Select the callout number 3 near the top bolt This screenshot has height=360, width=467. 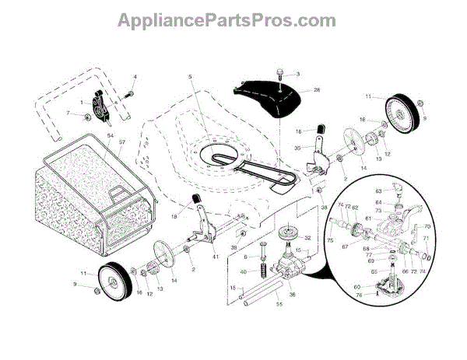(x=297, y=74)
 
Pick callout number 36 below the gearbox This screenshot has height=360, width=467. (x=293, y=294)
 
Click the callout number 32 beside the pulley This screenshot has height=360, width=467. (x=308, y=238)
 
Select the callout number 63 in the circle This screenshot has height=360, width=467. (x=378, y=189)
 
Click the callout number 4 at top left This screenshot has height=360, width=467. (x=134, y=76)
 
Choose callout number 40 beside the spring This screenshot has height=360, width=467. (x=244, y=271)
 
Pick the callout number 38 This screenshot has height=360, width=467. (x=324, y=208)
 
